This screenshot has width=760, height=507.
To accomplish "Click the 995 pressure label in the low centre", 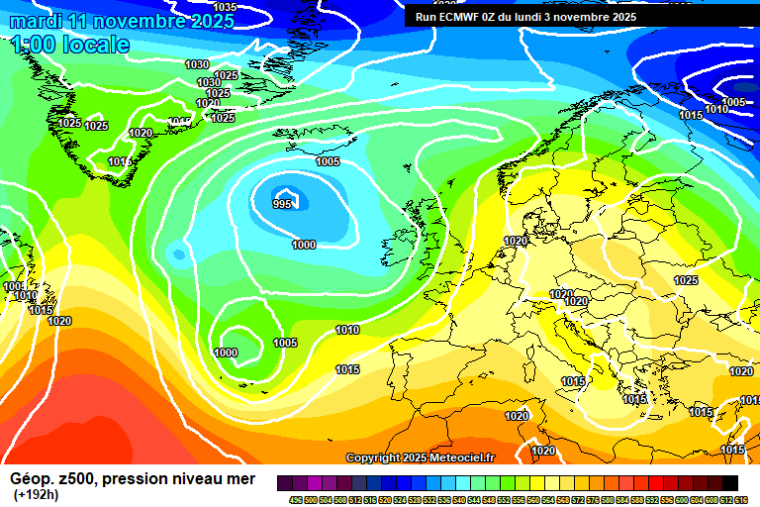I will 283,204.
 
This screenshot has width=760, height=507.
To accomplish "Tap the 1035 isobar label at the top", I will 225,7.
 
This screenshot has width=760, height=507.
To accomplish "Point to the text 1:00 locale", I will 70,45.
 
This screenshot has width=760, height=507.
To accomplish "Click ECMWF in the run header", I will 462,17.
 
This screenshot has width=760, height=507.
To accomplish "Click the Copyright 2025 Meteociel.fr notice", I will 421,457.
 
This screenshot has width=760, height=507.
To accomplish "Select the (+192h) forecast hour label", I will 36,494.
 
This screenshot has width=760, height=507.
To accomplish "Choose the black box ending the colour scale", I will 729,483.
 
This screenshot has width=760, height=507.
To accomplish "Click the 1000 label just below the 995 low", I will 304,245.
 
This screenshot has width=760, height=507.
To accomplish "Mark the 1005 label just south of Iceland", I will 328,161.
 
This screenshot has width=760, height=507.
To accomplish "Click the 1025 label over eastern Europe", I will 685,280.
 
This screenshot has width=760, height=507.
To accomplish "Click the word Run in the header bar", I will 426,17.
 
